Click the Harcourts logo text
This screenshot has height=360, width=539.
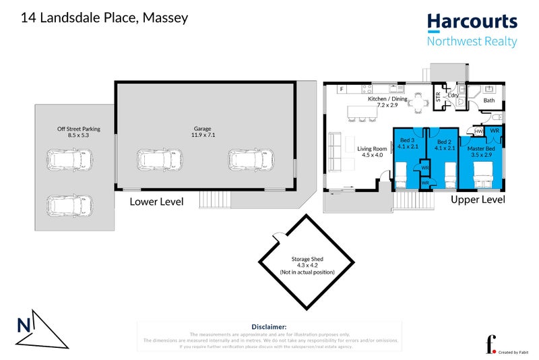click(472, 22)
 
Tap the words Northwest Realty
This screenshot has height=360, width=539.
click(472, 42)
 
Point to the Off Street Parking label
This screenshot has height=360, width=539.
click(73, 131)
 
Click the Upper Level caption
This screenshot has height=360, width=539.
click(478, 200)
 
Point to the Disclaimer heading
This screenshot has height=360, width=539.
click(269, 326)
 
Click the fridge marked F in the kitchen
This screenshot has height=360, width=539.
click(342, 89)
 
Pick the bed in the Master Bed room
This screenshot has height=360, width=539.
click(482, 180)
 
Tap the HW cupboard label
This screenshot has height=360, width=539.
click(478, 131)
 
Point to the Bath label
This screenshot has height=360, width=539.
click(488, 100)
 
